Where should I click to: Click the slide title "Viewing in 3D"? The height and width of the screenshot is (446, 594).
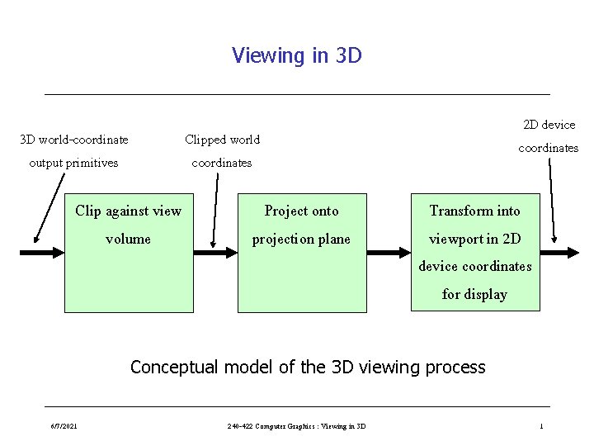(x=296, y=55)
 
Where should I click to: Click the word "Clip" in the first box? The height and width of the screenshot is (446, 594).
(x=88, y=211)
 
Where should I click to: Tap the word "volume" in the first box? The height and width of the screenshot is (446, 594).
(x=128, y=239)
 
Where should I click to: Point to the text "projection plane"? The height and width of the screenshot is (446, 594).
(x=301, y=239)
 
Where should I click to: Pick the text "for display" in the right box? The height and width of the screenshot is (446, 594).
(x=474, y=294)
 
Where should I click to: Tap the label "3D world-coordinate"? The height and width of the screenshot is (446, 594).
(x=74, y=139)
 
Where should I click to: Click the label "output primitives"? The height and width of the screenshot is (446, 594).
(x=73, y=162)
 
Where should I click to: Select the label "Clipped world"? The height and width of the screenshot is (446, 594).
(x=222, y=139)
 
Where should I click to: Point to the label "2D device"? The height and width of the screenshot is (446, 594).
(x=549, y=125)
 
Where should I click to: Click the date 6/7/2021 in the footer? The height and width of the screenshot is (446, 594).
(x=64, y=426)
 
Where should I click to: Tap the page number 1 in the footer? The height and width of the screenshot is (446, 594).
(x=541, y=426)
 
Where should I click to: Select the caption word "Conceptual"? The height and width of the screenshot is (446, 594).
(x=172, y=367)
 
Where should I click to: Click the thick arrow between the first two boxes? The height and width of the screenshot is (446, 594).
(x=215, y=252)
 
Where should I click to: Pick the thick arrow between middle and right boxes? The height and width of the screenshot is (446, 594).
(x=389, y=252)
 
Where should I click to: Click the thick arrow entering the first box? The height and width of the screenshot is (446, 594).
(x=41, y=252)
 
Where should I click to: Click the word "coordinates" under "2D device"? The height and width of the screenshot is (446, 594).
(x=548, y=148)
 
